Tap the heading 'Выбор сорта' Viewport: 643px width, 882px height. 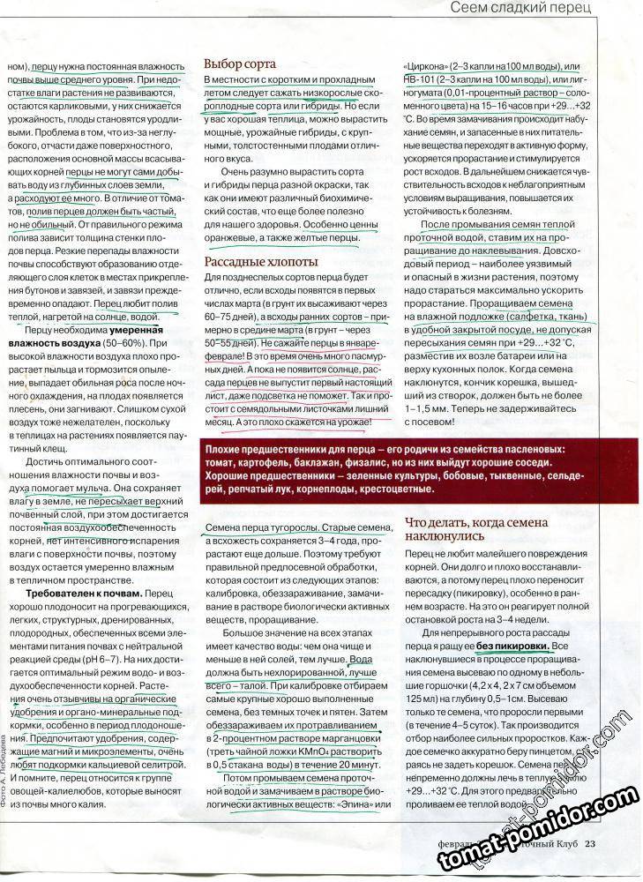click(240, 64)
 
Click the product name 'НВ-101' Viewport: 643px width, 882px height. click(419, 80)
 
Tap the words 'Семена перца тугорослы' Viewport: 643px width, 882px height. click(256, 527)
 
